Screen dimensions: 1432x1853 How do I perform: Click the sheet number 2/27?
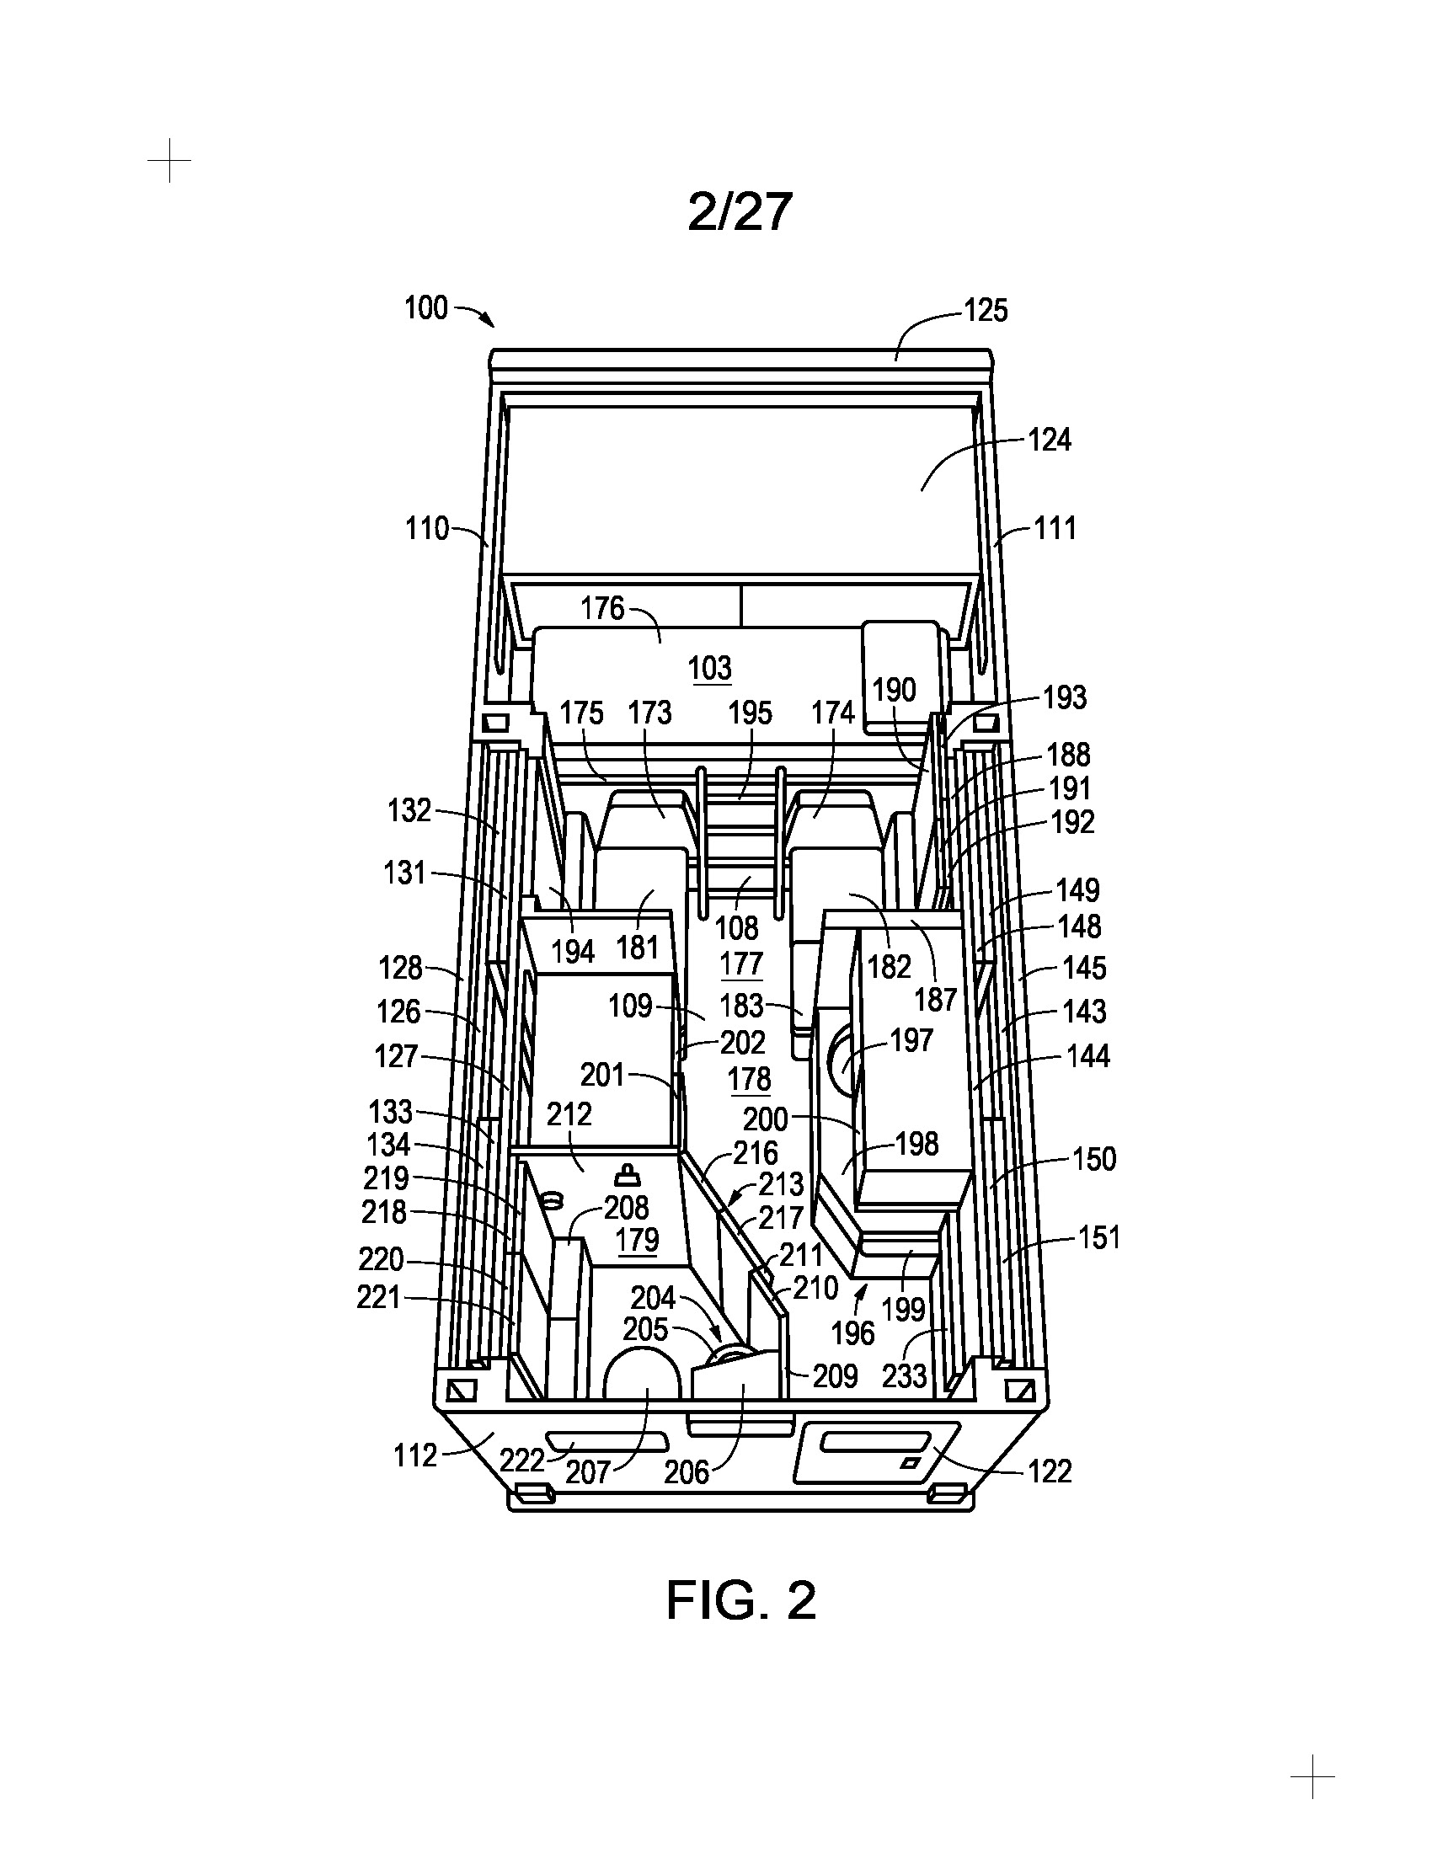click(740, 211)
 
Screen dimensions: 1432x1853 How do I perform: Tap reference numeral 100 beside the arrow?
click(426, 308)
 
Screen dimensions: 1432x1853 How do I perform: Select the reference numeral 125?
click(986, 311)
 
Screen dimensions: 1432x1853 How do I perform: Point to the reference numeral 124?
click(1050, 440)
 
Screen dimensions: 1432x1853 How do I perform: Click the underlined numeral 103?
click(710, 669)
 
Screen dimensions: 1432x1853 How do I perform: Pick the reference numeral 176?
click(602, 608)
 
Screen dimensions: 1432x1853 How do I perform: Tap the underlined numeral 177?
click(741, 964)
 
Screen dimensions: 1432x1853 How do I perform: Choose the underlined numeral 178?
click(750, 1079)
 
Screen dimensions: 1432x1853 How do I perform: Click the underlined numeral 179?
click(637, 1241)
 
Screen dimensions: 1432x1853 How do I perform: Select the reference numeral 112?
click(414, 1456)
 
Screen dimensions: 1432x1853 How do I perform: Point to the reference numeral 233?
click(905, 1376)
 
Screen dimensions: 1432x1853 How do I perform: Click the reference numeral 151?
click(1099, 1238)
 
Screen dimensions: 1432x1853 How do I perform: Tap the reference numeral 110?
click(427, 529)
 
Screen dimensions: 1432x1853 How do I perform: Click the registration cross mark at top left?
click(168, 160)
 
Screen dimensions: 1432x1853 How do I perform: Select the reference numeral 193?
click(1065, 697)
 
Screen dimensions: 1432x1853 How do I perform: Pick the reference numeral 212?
click(569, 1114)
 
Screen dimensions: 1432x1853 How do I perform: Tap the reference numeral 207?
click(588, 1471)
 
